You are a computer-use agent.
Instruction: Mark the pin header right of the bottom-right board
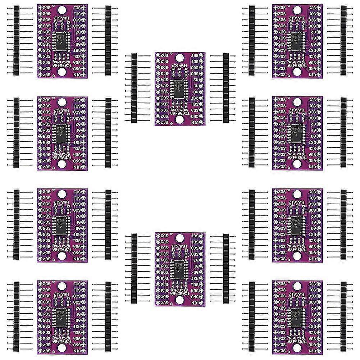pyautogui.click(x=343, y=316)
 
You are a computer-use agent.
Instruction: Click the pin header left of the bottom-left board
pyautogui.click(x=16, y=316)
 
